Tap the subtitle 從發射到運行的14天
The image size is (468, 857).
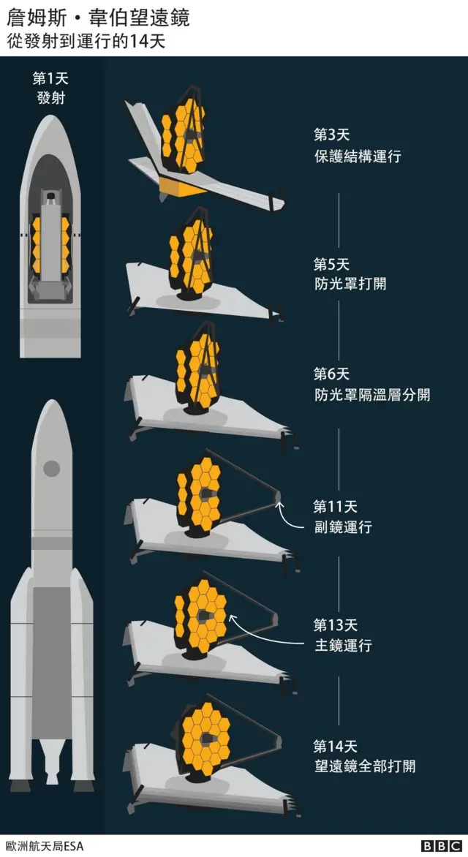coord(86,41)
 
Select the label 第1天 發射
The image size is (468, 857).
coord(50,88)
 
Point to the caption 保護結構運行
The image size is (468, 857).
coord(357,156)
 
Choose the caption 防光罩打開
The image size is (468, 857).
coord(350,283)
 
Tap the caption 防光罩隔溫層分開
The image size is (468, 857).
coord(371,395)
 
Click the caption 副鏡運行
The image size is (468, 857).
coord(342,527)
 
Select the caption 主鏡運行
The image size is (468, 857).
coord(342,646)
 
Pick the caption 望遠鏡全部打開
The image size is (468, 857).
coord(364,766)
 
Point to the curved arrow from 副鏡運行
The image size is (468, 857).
coord(291,516)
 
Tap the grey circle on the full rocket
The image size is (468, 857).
coord(51,469)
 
